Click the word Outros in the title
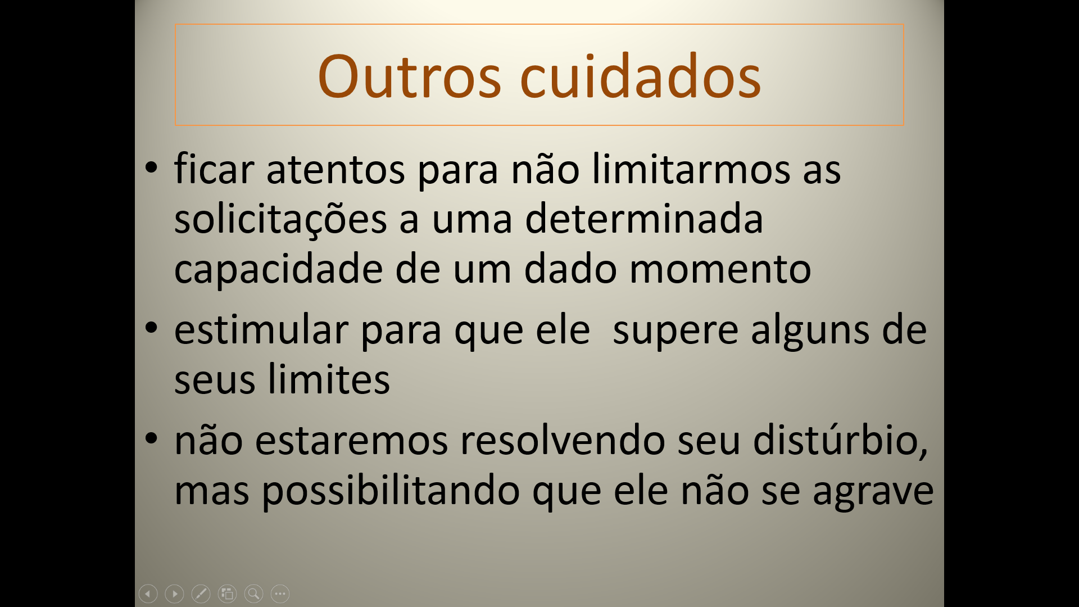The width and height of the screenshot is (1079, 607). coord(409,76)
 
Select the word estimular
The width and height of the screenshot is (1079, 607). coord(261,329)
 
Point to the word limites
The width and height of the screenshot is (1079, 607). coord(329,379)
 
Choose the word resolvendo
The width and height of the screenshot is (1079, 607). coord(563,440)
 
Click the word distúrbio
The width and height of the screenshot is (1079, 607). coord(841,440)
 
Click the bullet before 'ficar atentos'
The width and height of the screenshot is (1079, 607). coord(151,167)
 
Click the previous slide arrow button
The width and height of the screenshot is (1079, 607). coord(148,594)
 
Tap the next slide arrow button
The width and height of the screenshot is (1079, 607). coord(175,594)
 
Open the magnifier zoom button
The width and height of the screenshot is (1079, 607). coord(254,594)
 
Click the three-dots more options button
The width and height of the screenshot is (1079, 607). coord(280,594)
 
